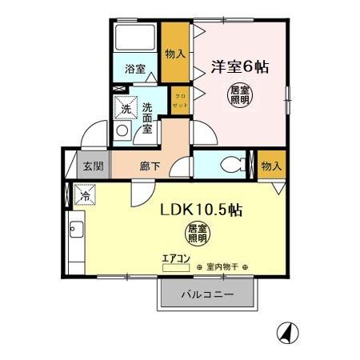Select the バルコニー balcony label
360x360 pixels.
point(206,294)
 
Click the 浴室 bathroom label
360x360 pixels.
point(134,70)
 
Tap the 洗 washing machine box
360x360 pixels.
point(126,110)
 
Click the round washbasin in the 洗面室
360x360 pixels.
point(123,131)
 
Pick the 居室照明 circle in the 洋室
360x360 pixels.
point(238,94)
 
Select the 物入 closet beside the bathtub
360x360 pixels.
point(175,54)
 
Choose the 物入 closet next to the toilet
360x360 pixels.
point(270,166)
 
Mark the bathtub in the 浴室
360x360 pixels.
point(135,38)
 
